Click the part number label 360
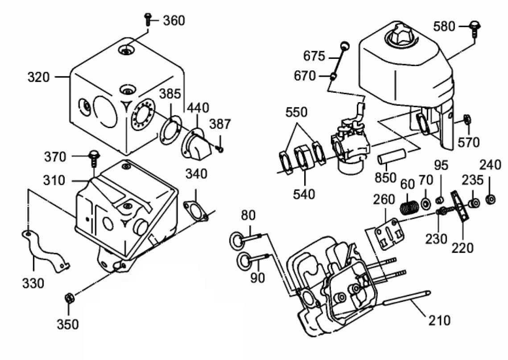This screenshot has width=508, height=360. coord(173,21)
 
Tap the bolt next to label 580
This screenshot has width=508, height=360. coord(475,28)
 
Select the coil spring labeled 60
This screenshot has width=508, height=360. coord(409,207)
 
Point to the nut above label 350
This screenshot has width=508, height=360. coord(70,298)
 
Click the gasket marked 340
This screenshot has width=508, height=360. coord(196,210)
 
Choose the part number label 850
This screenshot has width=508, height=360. coord(385,177)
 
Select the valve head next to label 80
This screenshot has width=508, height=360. coord(236,240)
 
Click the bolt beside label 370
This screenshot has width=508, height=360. coord(94,156)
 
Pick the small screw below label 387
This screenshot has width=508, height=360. coord(220,148)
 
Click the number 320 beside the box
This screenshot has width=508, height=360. coord(38,77)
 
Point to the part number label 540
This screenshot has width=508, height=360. coord(305,194)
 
